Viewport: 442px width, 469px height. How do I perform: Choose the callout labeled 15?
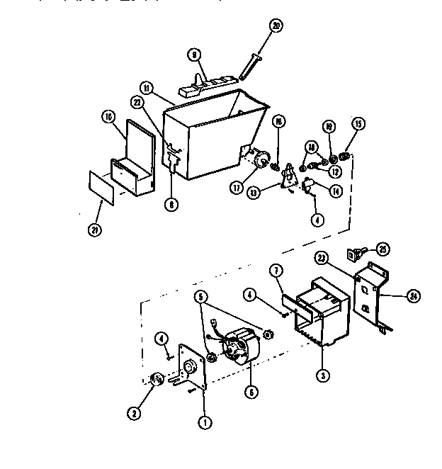358,125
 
